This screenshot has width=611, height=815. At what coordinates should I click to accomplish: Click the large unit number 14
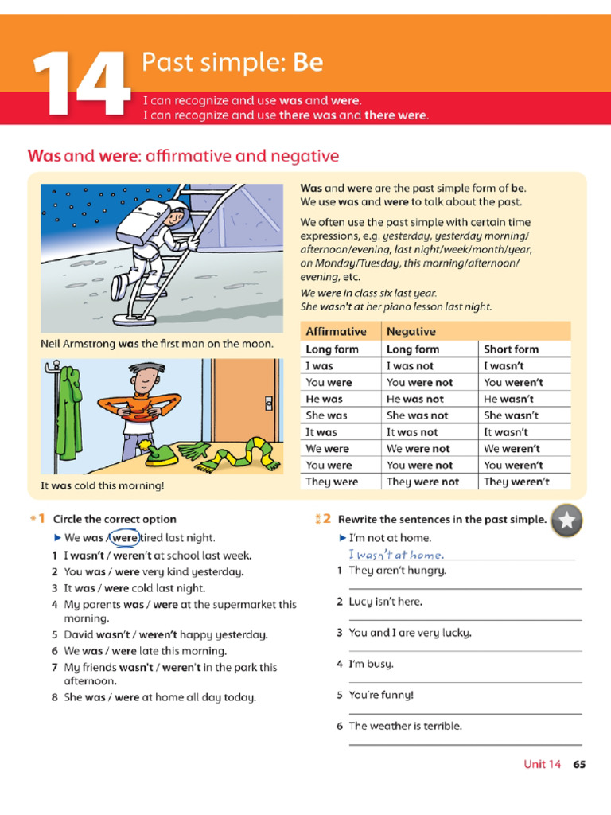[80, 84]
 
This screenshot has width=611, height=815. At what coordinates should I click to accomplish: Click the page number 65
[579, 764]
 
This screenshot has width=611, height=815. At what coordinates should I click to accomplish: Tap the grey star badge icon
[566, 521]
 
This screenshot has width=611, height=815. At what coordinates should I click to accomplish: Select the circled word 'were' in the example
[124, 538]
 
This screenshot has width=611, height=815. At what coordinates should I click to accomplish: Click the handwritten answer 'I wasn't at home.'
[395, 555]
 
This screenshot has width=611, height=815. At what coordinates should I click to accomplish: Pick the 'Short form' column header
[511, 349]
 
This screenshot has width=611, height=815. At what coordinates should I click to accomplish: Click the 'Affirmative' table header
[336, 331]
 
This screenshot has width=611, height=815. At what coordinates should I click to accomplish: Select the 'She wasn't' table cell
[511, 415]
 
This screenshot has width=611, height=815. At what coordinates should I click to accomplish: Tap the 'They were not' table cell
[422, 482]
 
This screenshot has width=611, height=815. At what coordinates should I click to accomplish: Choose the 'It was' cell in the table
[321, 432]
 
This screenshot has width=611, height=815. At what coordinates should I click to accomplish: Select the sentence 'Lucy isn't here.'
[385, 602]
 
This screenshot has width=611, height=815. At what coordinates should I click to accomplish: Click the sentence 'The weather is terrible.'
[405, 726]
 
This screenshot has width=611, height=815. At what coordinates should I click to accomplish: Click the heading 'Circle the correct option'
[115, 519]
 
